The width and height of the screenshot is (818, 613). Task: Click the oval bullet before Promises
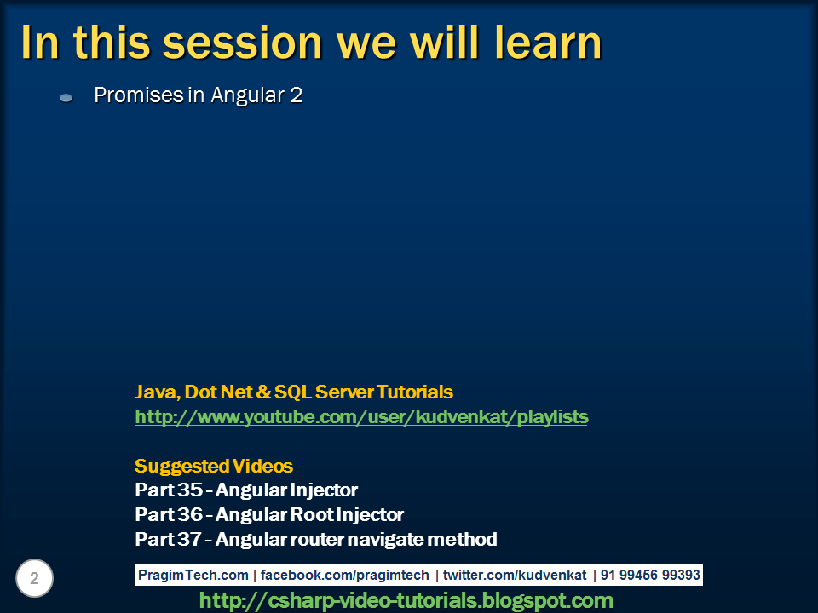pyautogui.click(x=66, y=98)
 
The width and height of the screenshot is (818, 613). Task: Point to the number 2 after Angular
pyautogui.click(x=296, y=95)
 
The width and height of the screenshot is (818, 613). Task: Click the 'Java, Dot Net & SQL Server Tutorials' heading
pyautogui.click(x=294, y=392)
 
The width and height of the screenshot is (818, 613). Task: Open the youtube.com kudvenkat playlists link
pyautogui.click(x=361, y=417)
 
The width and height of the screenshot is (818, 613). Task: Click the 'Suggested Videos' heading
pyautogui.click(x=214, y=467)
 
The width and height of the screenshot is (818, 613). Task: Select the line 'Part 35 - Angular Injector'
pyautogui.click(x=246, y=490)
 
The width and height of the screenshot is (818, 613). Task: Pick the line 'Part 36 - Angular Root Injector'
pyautogui.click(x=269, y=515)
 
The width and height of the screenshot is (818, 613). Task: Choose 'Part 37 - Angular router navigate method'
pyautogui.click(x=316, y=540)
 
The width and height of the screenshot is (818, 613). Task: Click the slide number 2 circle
pyautogui.click(x=35, y=579)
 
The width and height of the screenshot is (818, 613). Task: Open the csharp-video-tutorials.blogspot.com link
pyautogui.click(x=406, y=601)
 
